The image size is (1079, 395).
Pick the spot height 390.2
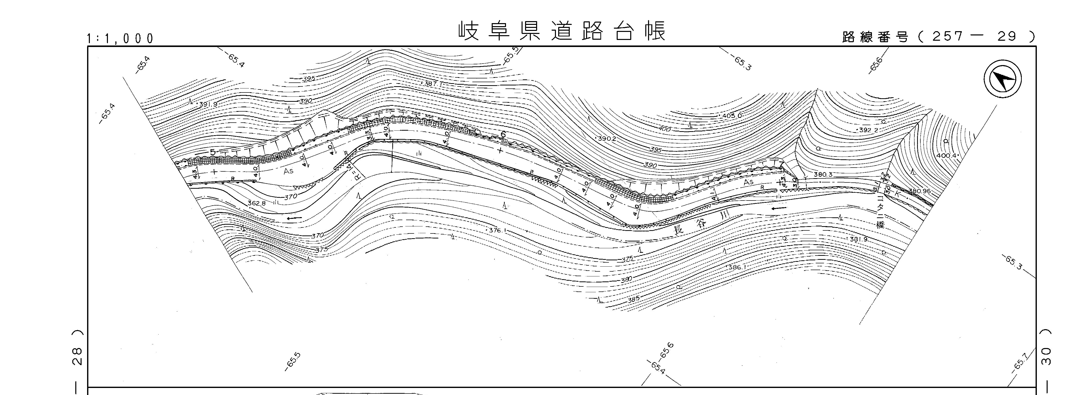607,138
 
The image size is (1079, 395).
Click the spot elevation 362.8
256,203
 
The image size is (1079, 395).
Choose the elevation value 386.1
737,267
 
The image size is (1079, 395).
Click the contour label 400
665,130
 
